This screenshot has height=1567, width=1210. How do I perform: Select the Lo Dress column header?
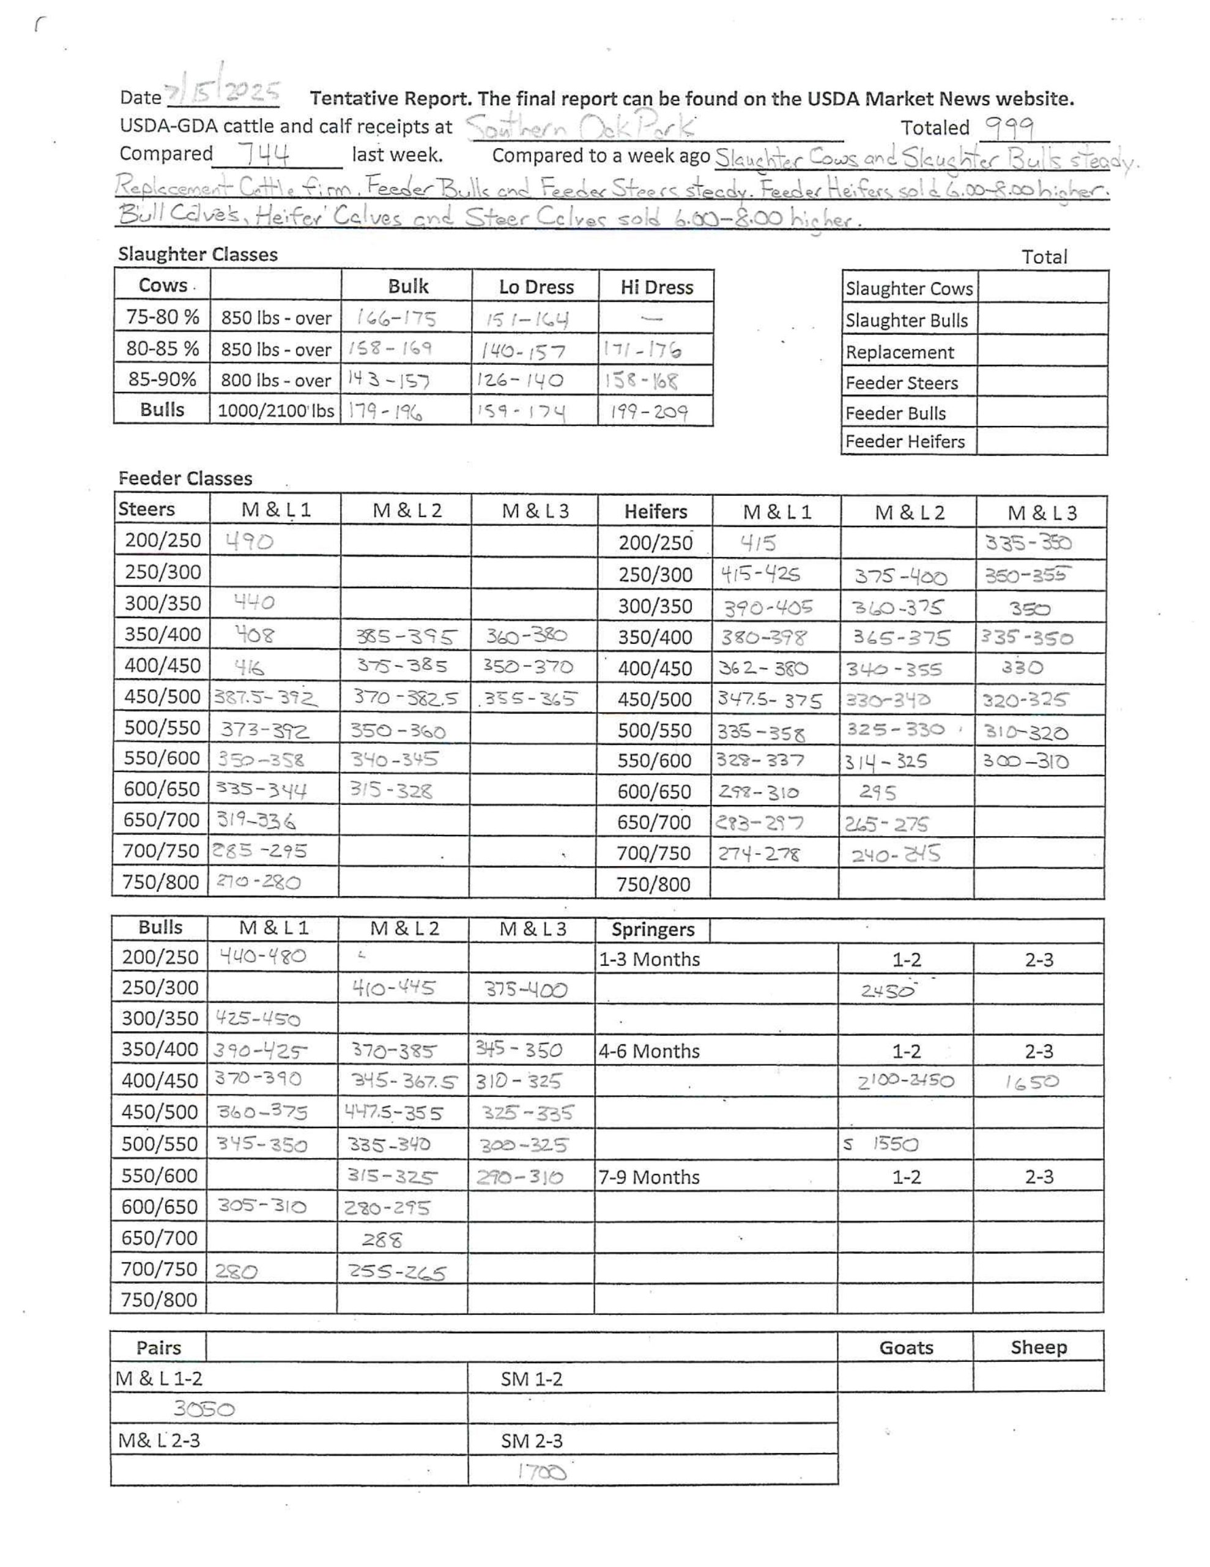click(x=536, y=287)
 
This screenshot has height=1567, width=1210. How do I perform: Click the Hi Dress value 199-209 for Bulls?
click(x=649, y=412)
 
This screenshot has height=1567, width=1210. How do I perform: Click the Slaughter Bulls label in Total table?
click(x=907, y=321)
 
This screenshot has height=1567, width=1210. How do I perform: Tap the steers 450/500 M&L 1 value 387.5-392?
click(x=265, y=697)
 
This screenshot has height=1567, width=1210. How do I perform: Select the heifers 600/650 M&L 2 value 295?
click(x=878, y=793)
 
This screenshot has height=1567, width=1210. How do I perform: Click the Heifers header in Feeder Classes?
click(x=655, y=512)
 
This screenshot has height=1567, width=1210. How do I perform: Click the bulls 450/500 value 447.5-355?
click(x=393, y=1113)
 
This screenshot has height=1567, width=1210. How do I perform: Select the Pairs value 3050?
click(x=204, y=1410)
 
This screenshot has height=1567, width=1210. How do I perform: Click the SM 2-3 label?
click(x=532, y=1441)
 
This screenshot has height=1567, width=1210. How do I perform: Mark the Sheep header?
click(x=1039, y=1347)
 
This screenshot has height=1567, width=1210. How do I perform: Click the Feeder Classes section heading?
click(x=185, y=479)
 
